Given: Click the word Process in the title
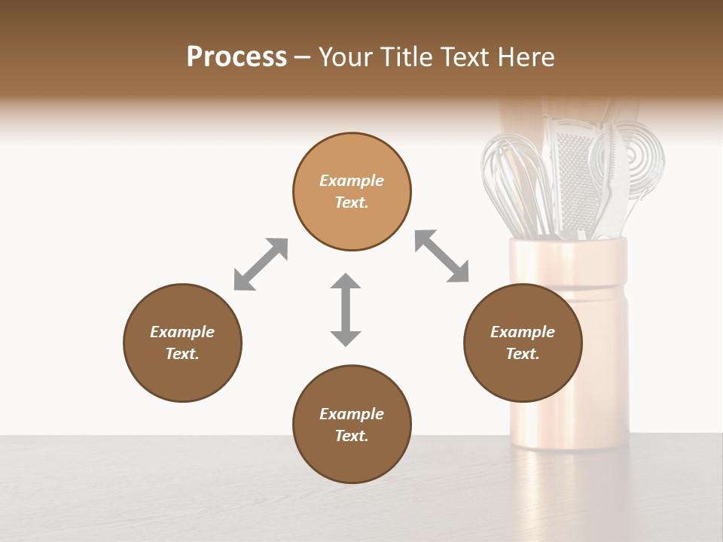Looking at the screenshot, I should (236, 57).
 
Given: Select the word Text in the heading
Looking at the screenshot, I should (462, 57).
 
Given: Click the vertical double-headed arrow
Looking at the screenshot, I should (346, 309).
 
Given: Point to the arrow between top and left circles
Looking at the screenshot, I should (261, 264).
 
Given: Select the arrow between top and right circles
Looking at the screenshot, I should (441, 256).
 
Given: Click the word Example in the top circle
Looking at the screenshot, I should (352, 181).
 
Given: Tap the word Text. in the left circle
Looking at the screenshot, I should (182, 354).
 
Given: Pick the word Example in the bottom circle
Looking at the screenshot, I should (352, 414).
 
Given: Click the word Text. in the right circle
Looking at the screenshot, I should (523, 354).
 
